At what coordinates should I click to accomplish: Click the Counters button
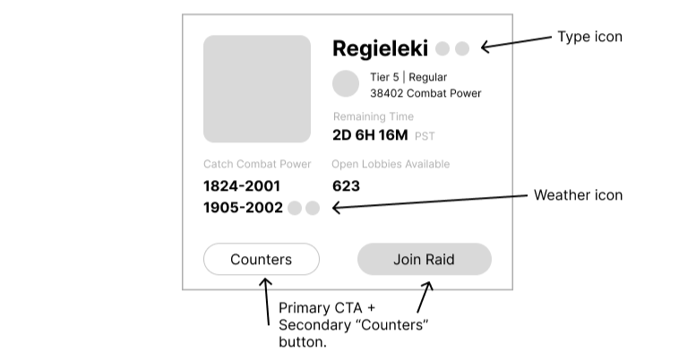(261, 260)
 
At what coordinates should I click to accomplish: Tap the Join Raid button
(424, 260)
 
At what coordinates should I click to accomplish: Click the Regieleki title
(381, 48)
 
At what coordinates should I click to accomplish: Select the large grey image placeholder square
(257, 89)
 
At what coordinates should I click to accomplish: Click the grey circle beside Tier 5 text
(346, 84)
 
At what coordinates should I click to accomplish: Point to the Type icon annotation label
(589, 37)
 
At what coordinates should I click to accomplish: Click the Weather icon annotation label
(578, 195)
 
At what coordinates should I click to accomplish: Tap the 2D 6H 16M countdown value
(369, 135)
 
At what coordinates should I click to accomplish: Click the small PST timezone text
(425, 137)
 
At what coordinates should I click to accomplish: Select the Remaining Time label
(374, 116)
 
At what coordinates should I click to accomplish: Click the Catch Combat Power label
(257, 164)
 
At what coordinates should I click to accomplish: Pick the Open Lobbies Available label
(391, 164)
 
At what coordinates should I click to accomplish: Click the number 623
(346, 186)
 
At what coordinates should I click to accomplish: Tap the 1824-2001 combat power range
(242, 186)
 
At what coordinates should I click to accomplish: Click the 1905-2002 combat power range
(243, 208)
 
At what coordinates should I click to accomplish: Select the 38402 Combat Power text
(425, 93)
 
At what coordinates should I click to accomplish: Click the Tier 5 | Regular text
(408, 77)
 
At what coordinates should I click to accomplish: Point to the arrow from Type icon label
(516, 42)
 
